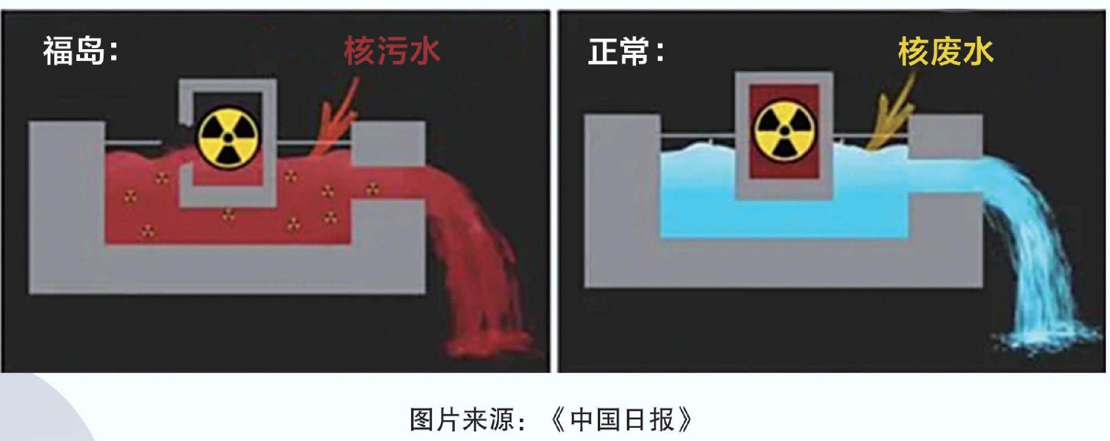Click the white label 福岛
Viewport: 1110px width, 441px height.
[74, 51]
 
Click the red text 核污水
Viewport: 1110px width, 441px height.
[392, 51]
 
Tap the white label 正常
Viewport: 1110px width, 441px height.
[618, 51]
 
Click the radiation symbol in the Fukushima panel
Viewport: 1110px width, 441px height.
[228, 138]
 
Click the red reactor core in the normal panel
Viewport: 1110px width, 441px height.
[784, 132]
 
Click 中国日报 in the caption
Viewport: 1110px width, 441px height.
[621, 419]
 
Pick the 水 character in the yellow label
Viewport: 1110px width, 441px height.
[978, 51]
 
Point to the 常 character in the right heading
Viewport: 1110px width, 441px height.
[634, 51]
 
